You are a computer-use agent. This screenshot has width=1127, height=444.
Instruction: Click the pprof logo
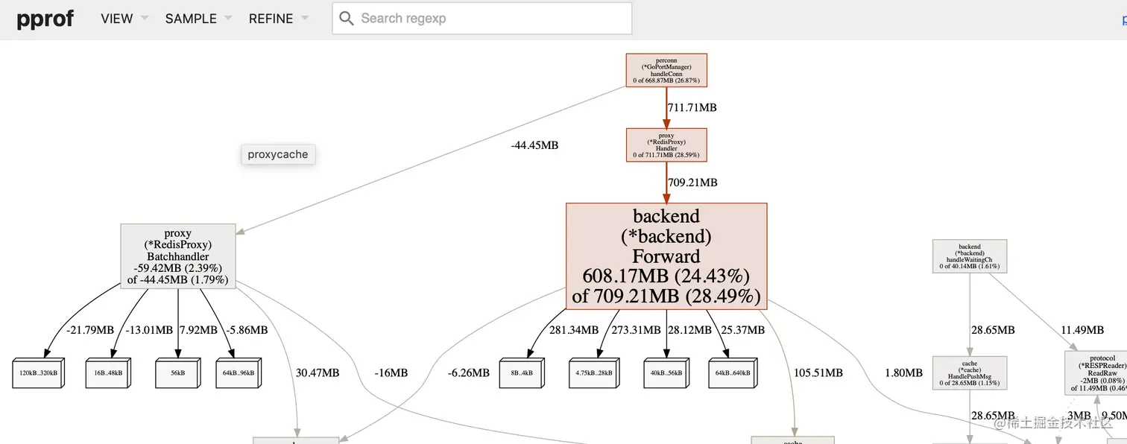point(45,19)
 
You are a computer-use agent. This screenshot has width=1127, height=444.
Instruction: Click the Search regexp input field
point(492,19)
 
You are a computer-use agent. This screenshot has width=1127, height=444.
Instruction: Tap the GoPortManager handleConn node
point(666,70)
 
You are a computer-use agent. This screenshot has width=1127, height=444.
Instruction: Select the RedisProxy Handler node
point(666,145)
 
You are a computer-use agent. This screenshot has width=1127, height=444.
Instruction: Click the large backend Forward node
point(666,256)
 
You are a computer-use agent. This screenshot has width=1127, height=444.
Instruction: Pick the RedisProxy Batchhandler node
point(177,256)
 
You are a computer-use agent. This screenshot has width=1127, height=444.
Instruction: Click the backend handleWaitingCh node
point(970,256)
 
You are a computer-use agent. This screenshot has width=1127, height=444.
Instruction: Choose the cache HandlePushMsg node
point(970,373)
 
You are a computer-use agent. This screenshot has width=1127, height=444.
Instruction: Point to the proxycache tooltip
point(278,154)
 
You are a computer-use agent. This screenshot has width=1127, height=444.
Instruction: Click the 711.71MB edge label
point(692,107)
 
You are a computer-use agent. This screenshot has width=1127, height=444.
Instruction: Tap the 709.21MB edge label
point(692,182)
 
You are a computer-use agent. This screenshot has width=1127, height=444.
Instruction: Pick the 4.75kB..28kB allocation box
point(595,372)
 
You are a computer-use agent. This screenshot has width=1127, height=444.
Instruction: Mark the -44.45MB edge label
point(534,145)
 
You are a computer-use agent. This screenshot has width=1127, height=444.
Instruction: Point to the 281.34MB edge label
point(574,329)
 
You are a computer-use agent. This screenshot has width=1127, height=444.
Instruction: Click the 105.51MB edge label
point(818,372)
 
